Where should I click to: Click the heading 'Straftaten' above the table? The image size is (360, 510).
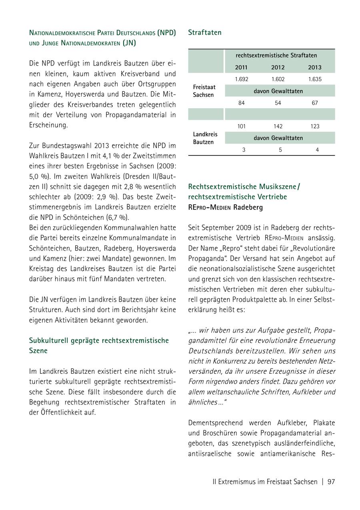point(204,32)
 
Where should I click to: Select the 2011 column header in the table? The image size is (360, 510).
point(241,67)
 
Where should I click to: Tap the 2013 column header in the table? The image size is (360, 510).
point(315,67)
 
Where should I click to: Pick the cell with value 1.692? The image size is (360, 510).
point(241,79)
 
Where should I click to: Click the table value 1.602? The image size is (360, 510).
point(278,79)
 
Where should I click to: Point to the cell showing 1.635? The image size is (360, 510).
point(315,79)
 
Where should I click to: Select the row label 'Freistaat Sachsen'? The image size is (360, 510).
point(204,91)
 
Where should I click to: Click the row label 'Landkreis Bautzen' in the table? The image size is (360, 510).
point(205,138)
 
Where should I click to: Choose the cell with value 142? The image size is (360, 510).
point(278,126)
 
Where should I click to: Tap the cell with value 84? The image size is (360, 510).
point(241,103)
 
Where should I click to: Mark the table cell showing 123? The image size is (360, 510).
point(315,126)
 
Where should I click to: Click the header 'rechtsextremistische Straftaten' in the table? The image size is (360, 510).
point(276,55)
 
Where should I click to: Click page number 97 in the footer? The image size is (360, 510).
point(331,482)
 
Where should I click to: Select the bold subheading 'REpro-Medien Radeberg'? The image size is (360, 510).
point(225,207)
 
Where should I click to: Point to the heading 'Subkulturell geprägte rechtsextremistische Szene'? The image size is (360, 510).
point(99,345)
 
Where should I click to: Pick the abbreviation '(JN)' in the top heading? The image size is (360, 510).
point(129,43)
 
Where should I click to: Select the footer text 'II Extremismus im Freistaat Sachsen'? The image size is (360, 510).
point(265,482)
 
